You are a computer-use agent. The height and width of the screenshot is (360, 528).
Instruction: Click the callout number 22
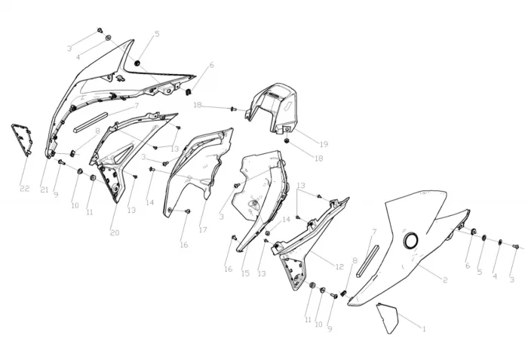pyautogui.click(x=25, y=189)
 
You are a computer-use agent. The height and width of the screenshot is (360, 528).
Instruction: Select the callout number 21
pyautogui.click(x=45, y=189)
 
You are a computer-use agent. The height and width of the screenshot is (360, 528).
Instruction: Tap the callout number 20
pyautogui.click(x=115, y=232)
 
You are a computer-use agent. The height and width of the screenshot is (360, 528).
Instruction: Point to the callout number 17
pyautogui.click(x=203, y=230)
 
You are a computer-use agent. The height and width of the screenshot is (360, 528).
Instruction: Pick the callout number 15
pyautogui.click(x=245, y=273)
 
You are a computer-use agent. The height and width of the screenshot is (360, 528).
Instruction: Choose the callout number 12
pyautogui.click(x=339, y=266)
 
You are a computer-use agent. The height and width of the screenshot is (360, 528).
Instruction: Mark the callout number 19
pyautogui.click(x=324, y=144)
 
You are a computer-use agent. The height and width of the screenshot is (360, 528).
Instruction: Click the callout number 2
pyautogui.click(x=445, y=280)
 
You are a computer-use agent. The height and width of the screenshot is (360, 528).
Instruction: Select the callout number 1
pyautogui.click(x=424, y=328)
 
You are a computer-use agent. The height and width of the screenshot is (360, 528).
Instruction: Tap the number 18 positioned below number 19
pyautogui.click(x=318, y=158)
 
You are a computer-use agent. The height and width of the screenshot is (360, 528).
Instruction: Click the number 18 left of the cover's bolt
pyautogui.click(x=198, y=106)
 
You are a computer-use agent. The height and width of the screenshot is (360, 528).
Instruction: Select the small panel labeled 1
pyautogui.click(x=387, y=318)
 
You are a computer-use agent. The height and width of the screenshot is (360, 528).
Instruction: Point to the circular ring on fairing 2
pyautogui.click(x=411, y=241)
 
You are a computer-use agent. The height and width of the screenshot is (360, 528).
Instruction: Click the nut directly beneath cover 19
pyautogui.click(x=287, y=140)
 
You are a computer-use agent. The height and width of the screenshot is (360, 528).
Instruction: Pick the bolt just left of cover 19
pyautogui.click(x=233, y=109)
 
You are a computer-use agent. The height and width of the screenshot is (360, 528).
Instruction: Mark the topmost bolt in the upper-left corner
pyautogui.click(x=100, y=30)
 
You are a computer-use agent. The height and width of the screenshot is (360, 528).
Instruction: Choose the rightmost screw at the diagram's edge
pyautogui.click(x=515, y=247)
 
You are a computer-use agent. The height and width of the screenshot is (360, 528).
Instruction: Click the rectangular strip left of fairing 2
pyautogui.click(x=368, y=261)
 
